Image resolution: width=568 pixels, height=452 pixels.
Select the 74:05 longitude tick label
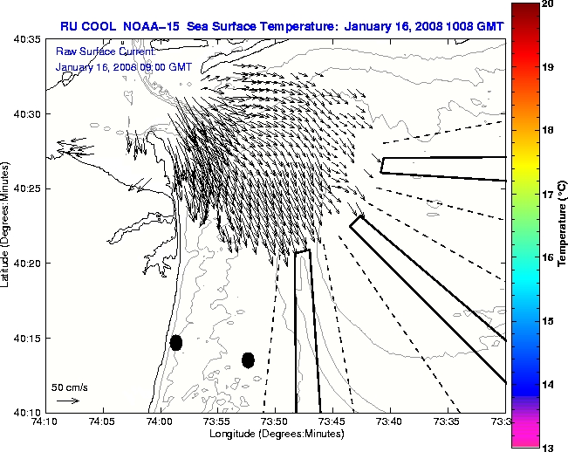click(103, 422)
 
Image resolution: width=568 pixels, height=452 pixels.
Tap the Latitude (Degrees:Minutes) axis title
click(7, 225)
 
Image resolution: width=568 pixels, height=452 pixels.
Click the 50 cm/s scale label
click(69, 387)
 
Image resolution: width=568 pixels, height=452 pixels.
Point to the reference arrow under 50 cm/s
click(67, 401)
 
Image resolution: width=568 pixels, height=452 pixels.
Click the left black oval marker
click(176, 342)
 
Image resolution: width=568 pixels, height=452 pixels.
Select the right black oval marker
click(248, 360)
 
